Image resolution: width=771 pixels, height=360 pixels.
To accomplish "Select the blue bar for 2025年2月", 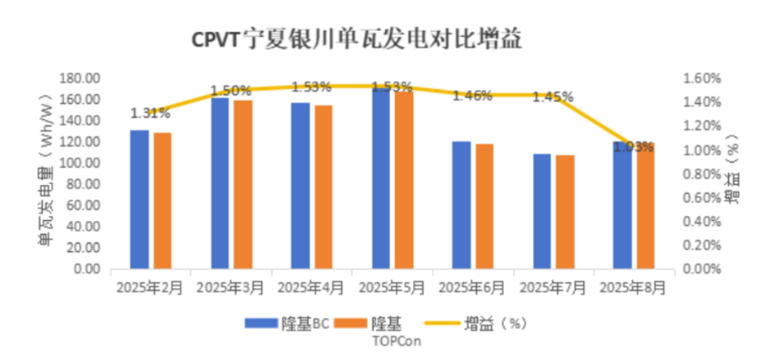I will pos(139,199).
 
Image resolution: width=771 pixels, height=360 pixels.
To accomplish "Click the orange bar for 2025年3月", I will pos(243,184).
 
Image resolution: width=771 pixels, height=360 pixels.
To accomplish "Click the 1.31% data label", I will pos(149,112).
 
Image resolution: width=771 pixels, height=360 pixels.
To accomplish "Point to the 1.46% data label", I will pos(472,95).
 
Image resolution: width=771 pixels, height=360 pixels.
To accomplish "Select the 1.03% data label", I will pos(635,147).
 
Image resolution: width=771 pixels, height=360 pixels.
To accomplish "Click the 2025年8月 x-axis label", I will pos(633,287).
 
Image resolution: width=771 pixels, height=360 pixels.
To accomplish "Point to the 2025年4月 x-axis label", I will pos(312,287).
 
